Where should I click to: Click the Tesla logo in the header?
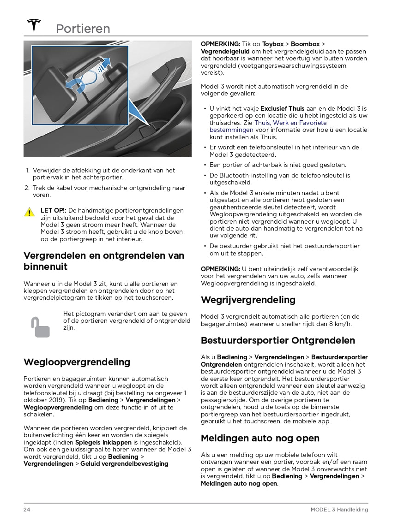coord(34,25)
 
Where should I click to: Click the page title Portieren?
coord(83,29)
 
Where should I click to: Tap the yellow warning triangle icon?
coord(30,212)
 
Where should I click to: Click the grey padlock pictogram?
coord(41,327)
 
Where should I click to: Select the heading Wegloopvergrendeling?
coord(77,362)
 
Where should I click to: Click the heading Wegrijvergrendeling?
coord(248,300)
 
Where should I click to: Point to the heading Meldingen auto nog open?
coord(260,438)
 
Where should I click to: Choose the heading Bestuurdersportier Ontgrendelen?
coord(278,341)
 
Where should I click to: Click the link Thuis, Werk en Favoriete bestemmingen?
coord(268,126)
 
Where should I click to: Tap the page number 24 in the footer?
coord(27,510)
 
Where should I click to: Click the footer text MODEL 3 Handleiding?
coord(339,510)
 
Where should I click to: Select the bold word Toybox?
coord(274,44)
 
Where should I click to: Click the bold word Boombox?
coord(305,44)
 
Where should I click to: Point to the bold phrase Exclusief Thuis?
coord(282,109)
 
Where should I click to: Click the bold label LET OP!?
coord(53,210)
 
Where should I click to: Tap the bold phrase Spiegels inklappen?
coord(103,442)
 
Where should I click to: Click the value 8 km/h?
coord(341,324)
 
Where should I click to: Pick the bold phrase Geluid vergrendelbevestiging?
coord(124,463)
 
